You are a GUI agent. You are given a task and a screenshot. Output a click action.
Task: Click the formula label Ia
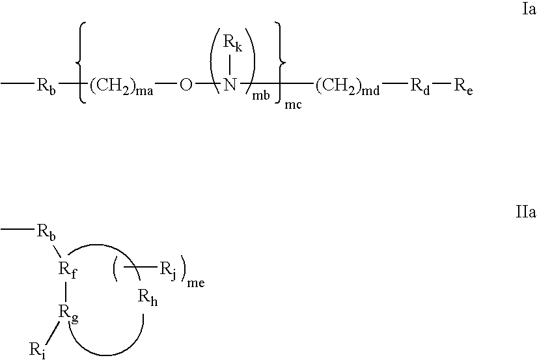pyautogui.click(x=529, y=9)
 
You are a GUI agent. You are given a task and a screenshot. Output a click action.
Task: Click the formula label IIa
pyautogui.click(x=526, y=212)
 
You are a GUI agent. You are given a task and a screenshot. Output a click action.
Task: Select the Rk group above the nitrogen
pyautogui.click(x=233, y=43)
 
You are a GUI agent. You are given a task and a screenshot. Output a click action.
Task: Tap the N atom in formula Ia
pyautogui.click(x=230, y=84)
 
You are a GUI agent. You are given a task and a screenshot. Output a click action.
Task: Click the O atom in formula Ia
pyautogui.click(x=186, y=85)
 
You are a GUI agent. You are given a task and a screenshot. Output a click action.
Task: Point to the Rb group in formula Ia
pyautogui.click(x=46, y=86)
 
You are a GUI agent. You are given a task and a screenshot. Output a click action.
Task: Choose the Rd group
pyautogui.click(x=420, y=86)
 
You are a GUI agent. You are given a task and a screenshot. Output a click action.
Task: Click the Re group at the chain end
pyautogui.click(x=463, y=86)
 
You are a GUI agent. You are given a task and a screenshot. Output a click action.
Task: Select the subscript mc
pyautogui.click(x=294, y=105)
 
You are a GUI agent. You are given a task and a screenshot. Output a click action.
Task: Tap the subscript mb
pyautogui.click(x=261, y=96)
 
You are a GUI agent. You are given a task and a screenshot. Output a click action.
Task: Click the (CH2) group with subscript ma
pyautogui.click(x=121, y=87)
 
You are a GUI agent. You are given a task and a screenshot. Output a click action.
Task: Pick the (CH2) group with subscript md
pyautogui.click(x=348, y=87)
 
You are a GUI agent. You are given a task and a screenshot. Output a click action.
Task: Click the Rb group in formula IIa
pyautogui.click(x=46, y=232)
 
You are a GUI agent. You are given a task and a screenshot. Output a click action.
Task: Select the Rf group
pyautogui.click(x=68, y=270)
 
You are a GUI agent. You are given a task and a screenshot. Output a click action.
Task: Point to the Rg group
pyautogui.click(x=68, y=313)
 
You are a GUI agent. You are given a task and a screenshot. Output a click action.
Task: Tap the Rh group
pyautogui.click(x=148, y=298)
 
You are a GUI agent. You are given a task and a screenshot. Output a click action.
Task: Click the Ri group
pyautogui.click(x=38, y=350)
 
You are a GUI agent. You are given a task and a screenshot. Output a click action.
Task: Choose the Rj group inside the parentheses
pyautogui.click(x=168, y=271)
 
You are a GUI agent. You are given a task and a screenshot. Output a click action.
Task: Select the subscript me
pyautogui.click(x=196, y=283)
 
